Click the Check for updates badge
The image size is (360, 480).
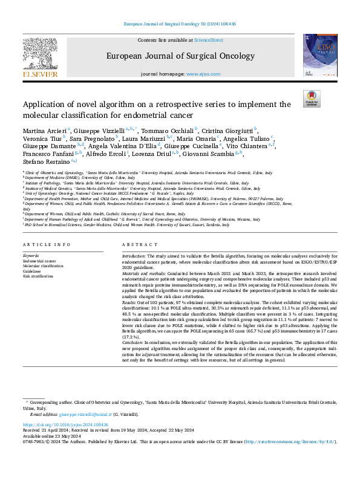(312, 99)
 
